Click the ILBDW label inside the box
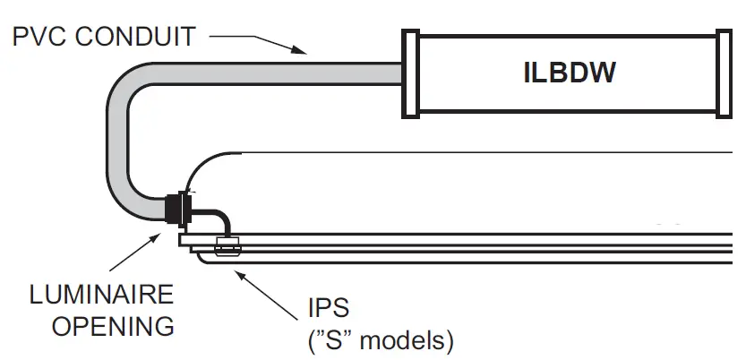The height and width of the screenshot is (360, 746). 569,73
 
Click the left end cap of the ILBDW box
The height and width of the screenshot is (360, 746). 409,73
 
